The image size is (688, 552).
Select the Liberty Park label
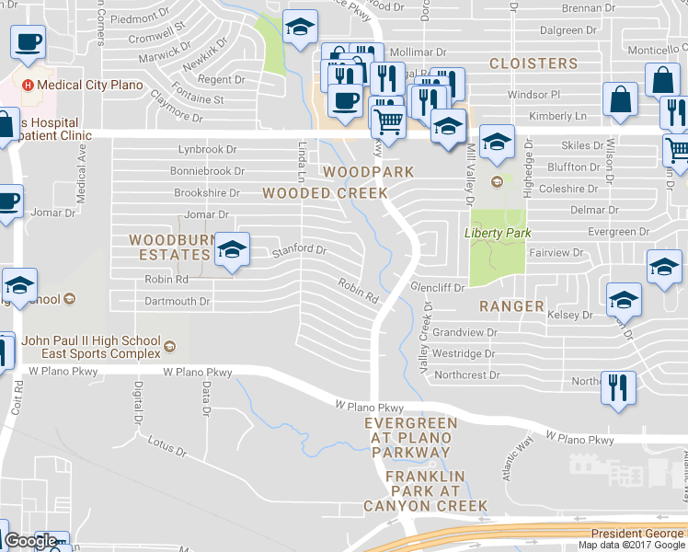click(498, 233)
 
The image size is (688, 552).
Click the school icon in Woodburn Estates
click(233, 250)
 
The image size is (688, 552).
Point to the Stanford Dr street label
click(297, 249)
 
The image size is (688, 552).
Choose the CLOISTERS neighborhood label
click(533, 63)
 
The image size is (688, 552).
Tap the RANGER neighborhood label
click(510, 305)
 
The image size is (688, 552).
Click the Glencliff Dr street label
click(437, 287)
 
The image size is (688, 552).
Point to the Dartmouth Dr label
click(178, 301)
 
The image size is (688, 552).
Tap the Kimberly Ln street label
click(556, 117)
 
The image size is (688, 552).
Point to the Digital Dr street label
click(138, 402)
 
